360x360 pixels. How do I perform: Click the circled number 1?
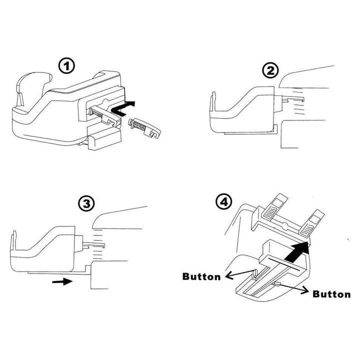click(x=66, y=66)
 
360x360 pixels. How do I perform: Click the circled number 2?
click(x=270, y=70)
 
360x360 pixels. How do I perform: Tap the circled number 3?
click(x=86, y=203)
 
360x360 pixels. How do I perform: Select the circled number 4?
click(x=224, y=202)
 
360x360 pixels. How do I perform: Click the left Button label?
click(x=201, y=276)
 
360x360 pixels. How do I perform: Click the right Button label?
click(x=331, y=294)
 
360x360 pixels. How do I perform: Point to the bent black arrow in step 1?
click(x=123, y=108)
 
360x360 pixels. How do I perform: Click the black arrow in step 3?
click(x=62, y=281)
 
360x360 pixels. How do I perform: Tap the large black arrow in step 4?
click(x=296, y=251)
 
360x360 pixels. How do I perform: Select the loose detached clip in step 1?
click(x=144, y=128)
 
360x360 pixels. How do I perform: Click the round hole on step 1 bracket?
click(x=106, y=101)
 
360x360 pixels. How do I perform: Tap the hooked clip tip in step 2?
click(x=302, y=99)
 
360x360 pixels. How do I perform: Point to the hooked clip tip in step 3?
click(x=104, y=245)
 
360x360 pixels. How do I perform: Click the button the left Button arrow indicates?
click(x=254, y=273)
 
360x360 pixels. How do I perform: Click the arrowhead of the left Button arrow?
click(x=228, y=275)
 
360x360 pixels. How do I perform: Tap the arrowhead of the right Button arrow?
click(x=305, y=290)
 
